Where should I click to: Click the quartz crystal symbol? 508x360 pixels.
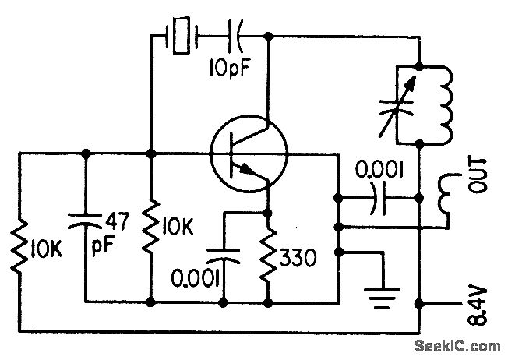pos(181,36)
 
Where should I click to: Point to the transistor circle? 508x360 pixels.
pos(249,152)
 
